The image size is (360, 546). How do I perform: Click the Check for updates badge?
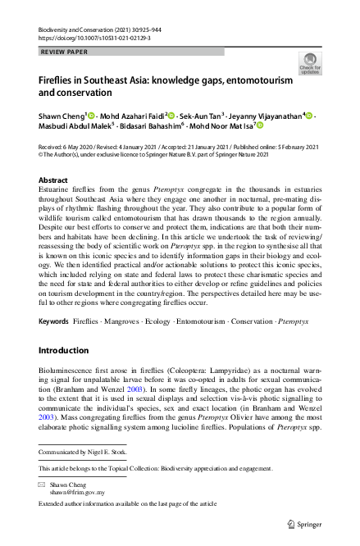311,63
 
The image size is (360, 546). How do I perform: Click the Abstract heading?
54,178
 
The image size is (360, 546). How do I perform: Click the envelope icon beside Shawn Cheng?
43,485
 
